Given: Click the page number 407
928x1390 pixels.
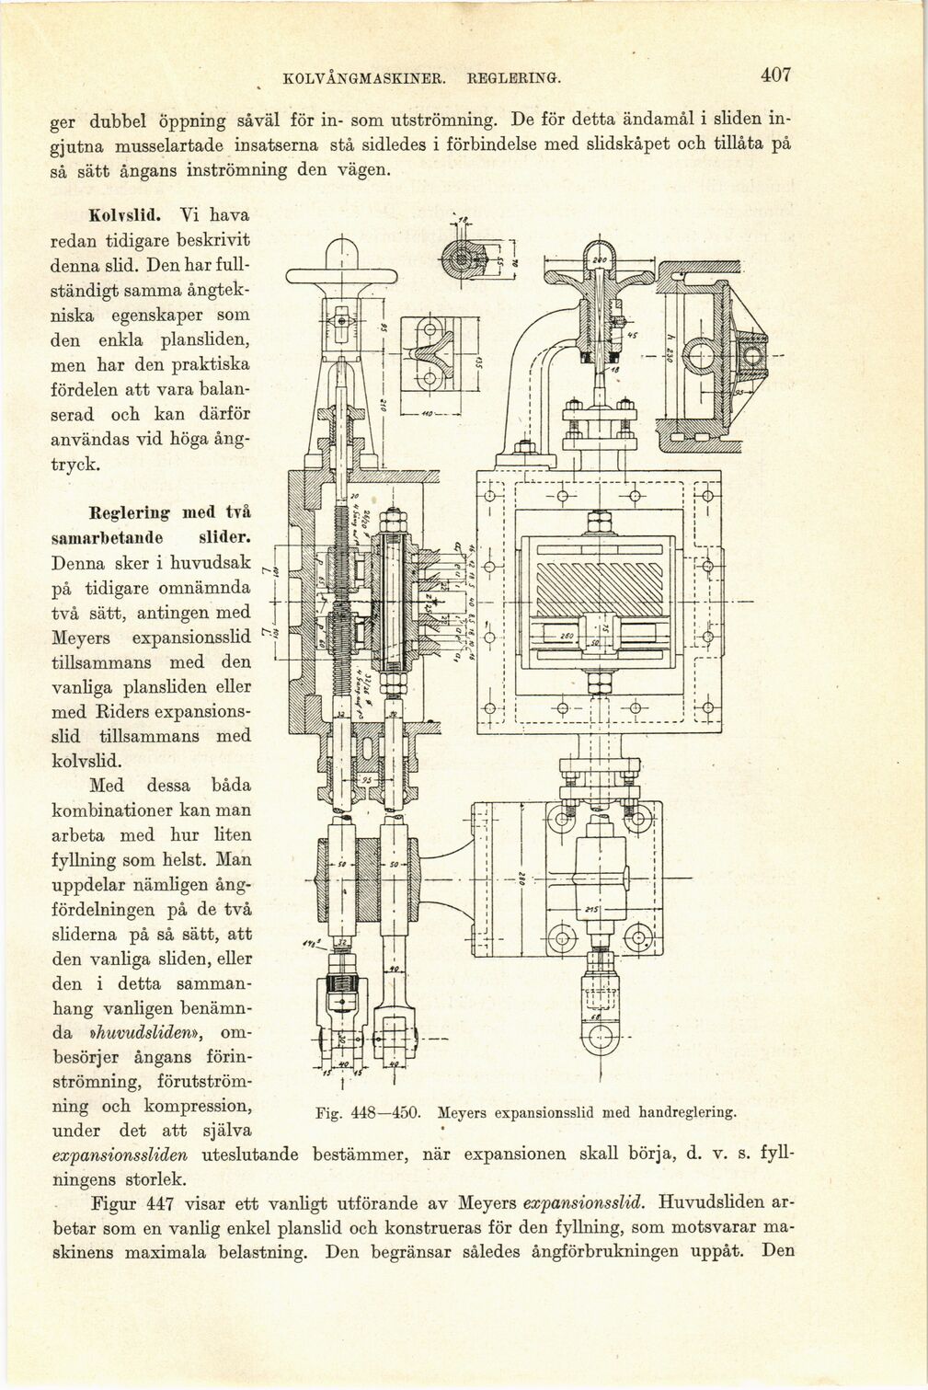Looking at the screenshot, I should coord(775,75).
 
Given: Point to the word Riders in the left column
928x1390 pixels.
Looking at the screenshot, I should coord(118,711).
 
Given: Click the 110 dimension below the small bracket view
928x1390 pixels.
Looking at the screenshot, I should coord(427,414).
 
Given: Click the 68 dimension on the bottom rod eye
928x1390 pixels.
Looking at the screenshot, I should coord(597,1017).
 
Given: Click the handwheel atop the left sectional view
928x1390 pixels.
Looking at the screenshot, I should coord(341,275).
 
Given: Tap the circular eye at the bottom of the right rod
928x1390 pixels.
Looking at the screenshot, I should coord(599,1043).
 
